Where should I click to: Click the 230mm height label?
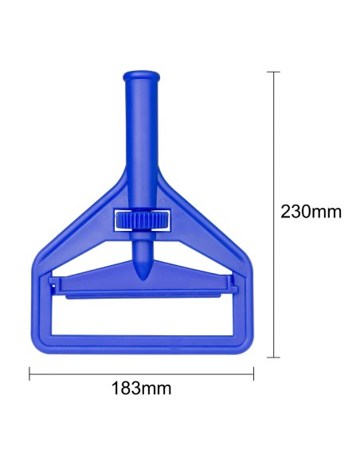[x=311, y=212]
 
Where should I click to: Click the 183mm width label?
[x=142, y=388]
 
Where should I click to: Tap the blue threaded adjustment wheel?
[x=143, y=220]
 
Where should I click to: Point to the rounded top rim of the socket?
[x=141, y=76]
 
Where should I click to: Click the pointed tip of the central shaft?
[x=143, y=279]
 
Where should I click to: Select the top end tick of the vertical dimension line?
[x=273, y=72]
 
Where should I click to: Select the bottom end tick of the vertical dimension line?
[x=273, y=358]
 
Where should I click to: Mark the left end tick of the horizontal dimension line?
[x=29, y=373]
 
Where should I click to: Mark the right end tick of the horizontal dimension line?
[x=253, y=373]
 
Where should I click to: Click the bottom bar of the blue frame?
[x=143, y=345]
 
